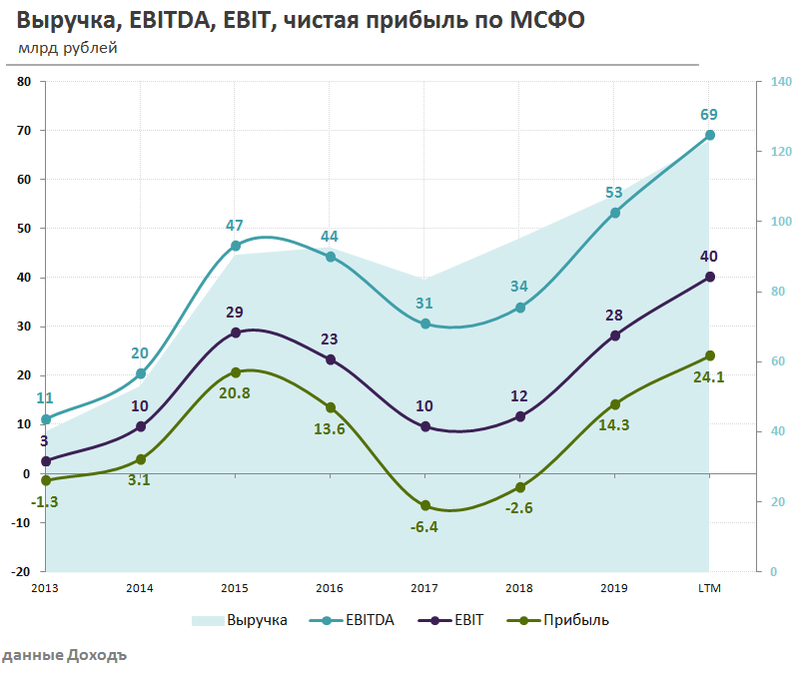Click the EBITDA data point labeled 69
point(710,135)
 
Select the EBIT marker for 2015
point(236,333)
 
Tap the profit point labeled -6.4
point(425,505)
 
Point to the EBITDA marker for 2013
point(45,419)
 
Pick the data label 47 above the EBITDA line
point(235,226)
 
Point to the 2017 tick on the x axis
point(424,588)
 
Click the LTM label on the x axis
point(709,588)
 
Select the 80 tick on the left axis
point(25,82)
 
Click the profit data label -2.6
point(518,507)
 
